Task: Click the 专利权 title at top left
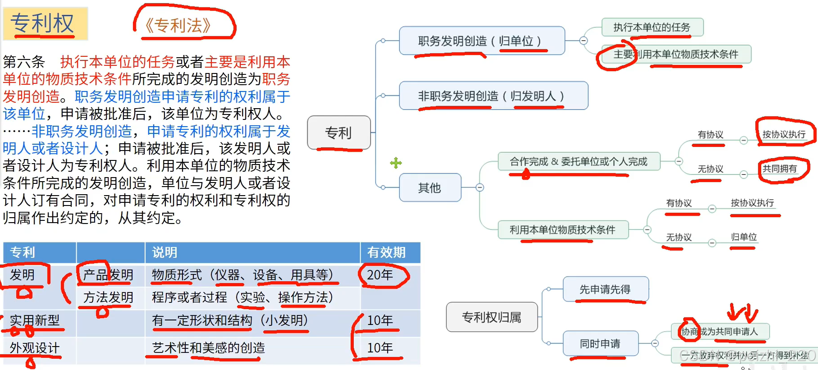tap(43, 23)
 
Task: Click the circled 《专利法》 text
tap(178, 26)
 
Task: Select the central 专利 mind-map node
tap(339, 132)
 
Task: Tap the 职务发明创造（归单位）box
tap(481, 41)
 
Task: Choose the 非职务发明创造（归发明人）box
tap(493, 96)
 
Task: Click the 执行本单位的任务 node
tap(652, 27)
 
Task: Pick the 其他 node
tap(430, 187)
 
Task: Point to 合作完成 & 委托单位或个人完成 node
tap(579, 161)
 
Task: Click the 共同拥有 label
tap(780, 169)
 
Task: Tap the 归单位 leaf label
tap(744, 237)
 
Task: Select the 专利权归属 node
tap(492, 317)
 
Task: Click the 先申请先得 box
tap(605, 289)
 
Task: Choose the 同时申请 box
tap(600, 344)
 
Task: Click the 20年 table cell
tap(380, 274)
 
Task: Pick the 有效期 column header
tap(386, 252)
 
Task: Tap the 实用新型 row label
tap(35, 320)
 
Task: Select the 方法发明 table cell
tap(108, 297)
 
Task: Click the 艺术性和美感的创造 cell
tap(209, 348)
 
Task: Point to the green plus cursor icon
tap(396, 163)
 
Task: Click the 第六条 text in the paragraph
tap(24, 62)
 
